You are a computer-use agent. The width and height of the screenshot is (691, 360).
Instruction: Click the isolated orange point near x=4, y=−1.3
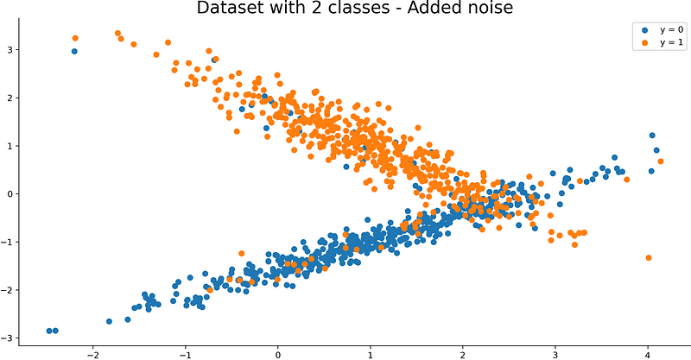coord(649,257)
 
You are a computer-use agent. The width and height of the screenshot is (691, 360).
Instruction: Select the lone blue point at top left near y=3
coord(74,51)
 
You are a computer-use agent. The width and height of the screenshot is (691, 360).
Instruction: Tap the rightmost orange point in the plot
coord(661,161)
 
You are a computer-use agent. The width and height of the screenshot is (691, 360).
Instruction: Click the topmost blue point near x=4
coord(652,136)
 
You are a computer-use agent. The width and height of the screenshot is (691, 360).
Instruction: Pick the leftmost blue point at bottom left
coord(49,331)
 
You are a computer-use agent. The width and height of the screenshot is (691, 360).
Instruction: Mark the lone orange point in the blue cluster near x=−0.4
coord(242,253)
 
